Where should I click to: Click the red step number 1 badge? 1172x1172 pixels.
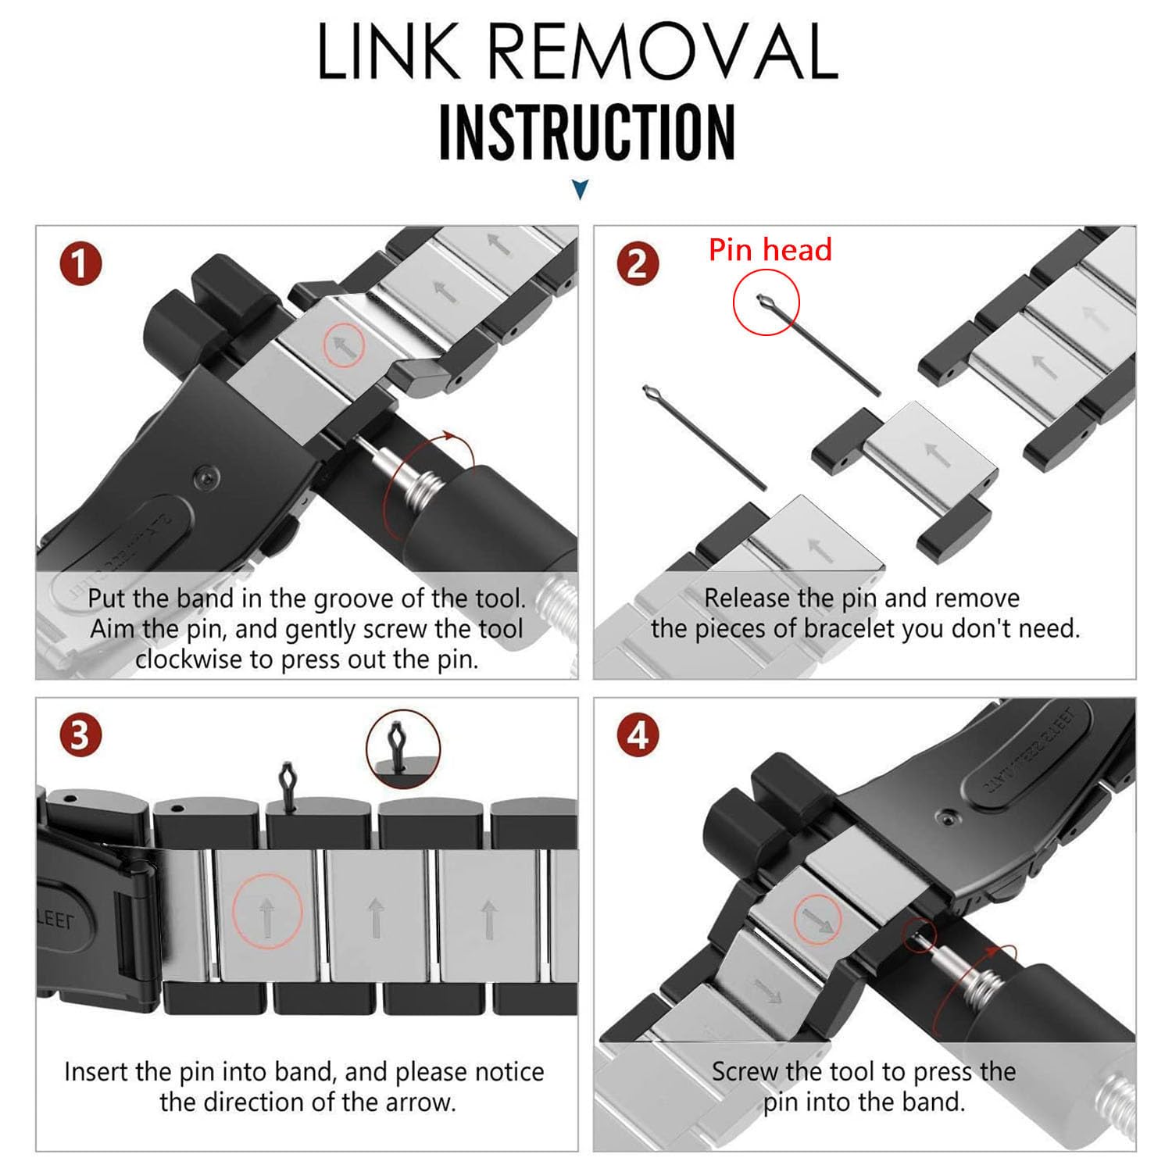click(80, 264)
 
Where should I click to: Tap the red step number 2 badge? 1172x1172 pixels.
click(638, 264)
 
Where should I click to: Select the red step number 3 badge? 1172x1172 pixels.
click(80, 736)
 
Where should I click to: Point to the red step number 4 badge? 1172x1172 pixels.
click(638, 736)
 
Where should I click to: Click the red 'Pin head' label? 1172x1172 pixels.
click(770, 250)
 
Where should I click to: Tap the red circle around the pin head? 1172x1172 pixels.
click(766, 302)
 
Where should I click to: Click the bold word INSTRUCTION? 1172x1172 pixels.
click(587, 132)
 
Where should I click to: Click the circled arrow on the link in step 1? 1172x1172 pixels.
click(345, 344)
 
